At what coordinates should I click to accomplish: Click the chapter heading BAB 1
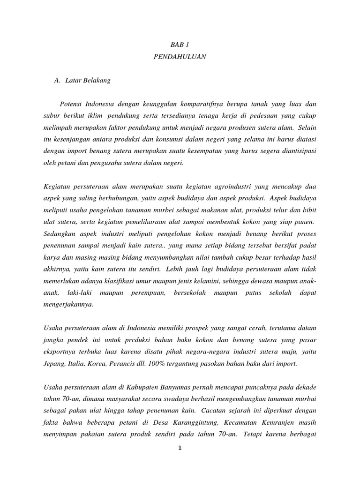coord(180,45)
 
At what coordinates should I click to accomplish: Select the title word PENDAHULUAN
coord(180,57)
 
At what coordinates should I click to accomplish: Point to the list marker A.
coord(58,80)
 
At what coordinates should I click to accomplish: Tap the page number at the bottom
coord(180,448)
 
